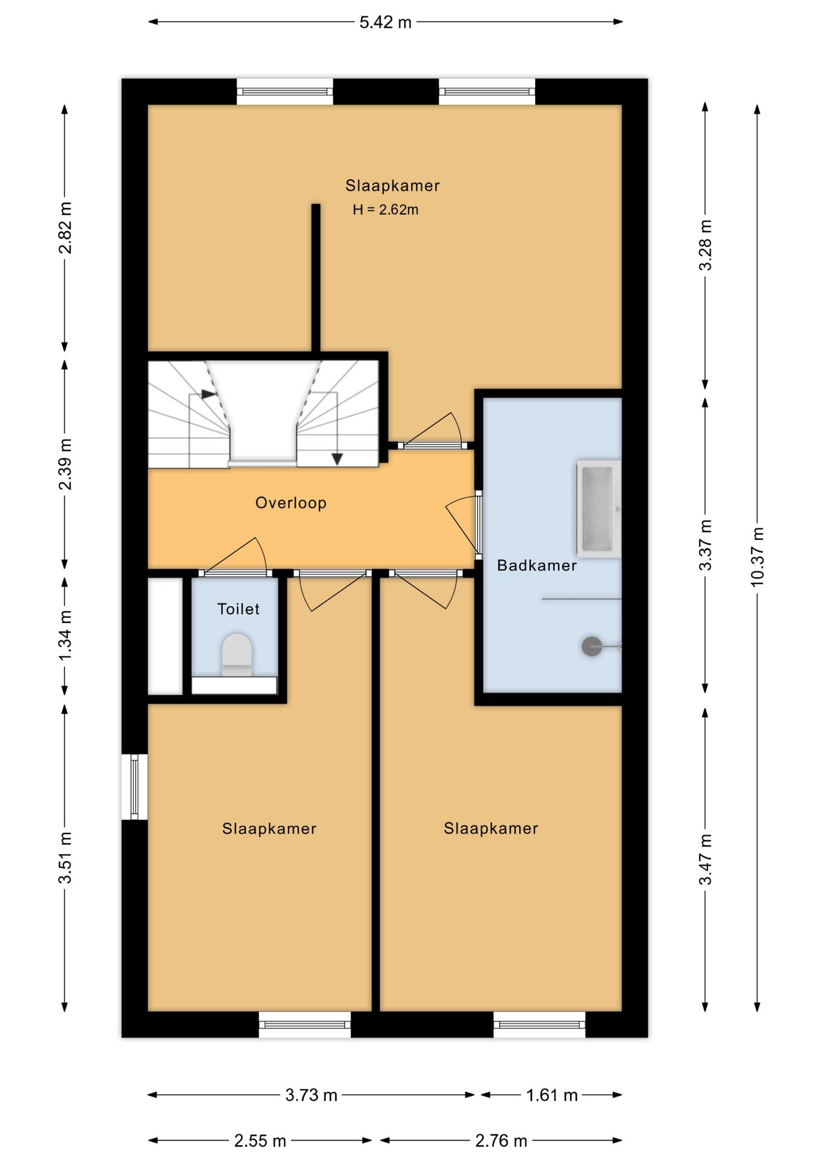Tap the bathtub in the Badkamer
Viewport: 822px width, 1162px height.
pos(599,508)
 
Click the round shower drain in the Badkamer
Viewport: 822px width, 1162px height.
pos(591,646)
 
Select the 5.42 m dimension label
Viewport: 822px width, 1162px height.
pos(386,22)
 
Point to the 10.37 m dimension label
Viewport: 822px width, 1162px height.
pos(757,557)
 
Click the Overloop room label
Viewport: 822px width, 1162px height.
pos(291,503)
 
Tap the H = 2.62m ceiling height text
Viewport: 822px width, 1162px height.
pos(386,210)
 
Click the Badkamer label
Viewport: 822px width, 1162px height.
pos(537,565)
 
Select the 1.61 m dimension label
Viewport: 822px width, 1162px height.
pos(552,1095)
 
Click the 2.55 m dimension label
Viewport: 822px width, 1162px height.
pos(260,1141)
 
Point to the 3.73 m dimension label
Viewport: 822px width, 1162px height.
pos(312,1095)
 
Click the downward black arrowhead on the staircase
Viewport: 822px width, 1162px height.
pos(337,459)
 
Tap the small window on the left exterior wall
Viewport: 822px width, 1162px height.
pos(134,787)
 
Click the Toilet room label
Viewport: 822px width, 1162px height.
pos(238,609)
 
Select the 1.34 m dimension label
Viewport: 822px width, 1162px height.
pos(65,635)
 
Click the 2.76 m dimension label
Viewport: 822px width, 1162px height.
pos(501,1141)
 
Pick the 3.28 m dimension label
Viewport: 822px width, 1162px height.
pos(705,245)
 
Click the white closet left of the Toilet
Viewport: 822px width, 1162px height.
pos(165,636)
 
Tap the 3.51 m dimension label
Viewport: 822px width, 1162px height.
pos(65,858)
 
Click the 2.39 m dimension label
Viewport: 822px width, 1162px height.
pos(65,464)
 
